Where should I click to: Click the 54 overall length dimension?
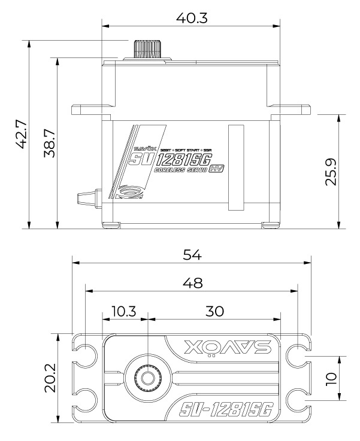(x=191, y=254)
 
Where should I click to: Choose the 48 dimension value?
(x=191, y=282)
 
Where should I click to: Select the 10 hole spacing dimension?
(x=329, y=378)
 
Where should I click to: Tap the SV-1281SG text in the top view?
(x=226, y=409)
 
